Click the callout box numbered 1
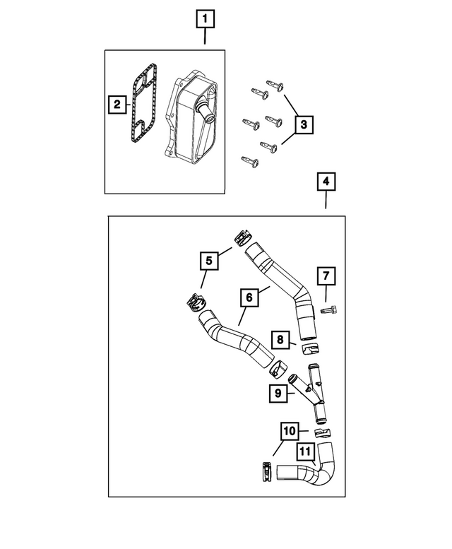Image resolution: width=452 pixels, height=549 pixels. click(x=205, y=18)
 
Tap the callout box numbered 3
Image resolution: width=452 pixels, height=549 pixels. click(x=304, y=125)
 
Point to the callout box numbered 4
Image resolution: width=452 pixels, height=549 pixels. click(x=326, y=182)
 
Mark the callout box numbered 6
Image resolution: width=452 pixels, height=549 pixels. click(x=249, y=299)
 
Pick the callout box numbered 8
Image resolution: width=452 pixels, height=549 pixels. click(x=280, y=341)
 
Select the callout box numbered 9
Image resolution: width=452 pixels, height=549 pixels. click(x=278, y=392)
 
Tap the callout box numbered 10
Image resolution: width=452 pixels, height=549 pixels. click(x=290, y=430)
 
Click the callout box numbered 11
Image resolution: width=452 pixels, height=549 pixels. click(x=304, y=449)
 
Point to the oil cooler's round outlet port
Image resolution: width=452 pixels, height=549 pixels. click(x=205, y=112)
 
